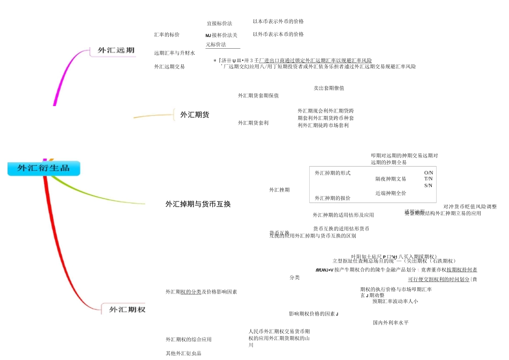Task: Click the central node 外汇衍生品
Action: [x=43, y=168]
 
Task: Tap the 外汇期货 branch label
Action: [x=194, y=115]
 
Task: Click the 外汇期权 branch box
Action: [x=127, y=309]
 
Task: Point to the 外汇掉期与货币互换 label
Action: [x=198, y=204]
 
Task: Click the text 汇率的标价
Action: [x=167, y=35]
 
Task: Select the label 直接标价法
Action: [x=219, y=24]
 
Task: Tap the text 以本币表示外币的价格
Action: [x=278, y=21]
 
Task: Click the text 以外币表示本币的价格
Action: [x=278, y=34]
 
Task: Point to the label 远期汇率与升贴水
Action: [x=174, y=53]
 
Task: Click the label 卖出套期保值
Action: [x=328, y=88]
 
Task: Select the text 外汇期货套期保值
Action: [x=258, y=95]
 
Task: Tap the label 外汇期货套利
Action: [x=253, y=123]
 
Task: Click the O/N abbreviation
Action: [x=428, y=172]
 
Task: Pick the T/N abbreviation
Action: [x=428, y=179]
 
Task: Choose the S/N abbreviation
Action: [x=428, y=185]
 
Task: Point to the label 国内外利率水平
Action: [x=391, y=322]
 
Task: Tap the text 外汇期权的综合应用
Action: [x=188, y=339]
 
